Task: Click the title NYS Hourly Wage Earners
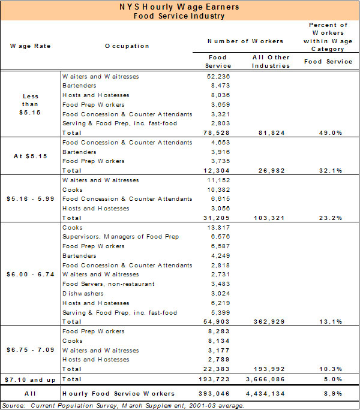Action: [179, 7]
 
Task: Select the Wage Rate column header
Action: [30, 46]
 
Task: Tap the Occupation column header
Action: [127, 46]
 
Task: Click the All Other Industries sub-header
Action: [268, 61]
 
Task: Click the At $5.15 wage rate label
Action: [30, 156]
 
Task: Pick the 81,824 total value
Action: [268, 132]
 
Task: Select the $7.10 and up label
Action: [30, 379]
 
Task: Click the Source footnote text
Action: [124, 406]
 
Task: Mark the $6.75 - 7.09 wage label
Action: [30, 350]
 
